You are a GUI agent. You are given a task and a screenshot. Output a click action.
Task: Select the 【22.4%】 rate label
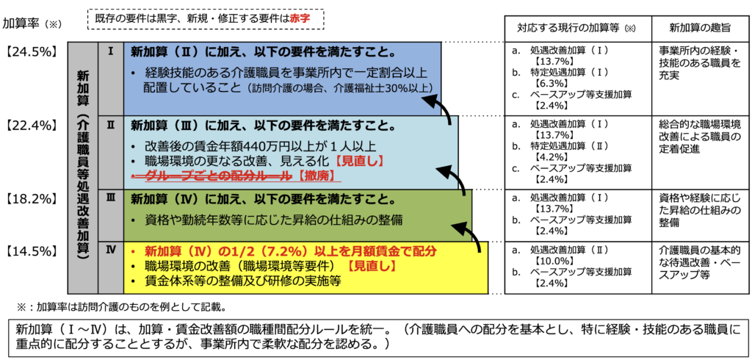(x=30, y=124)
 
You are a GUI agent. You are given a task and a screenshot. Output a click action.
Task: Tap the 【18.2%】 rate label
(x=30, y=198)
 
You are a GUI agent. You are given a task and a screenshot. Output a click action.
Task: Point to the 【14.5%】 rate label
(x=30, y=249)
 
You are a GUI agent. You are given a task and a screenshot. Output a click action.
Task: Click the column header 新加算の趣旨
(x=699, y=27)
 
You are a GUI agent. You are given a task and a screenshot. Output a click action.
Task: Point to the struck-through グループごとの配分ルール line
(x=213, y=176)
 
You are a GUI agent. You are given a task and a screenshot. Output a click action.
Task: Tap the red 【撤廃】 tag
(x=322, y=176)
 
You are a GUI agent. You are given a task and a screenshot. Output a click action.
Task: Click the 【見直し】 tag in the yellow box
(x=372, y=265)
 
